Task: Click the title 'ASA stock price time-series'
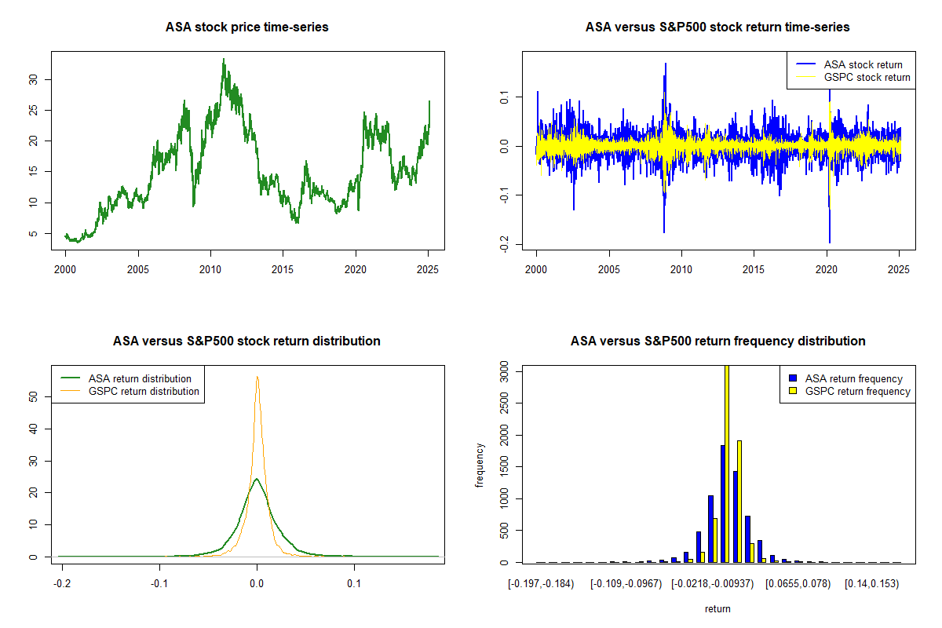click(x=246, y=27)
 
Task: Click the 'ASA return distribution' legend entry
click(x=140, y=378)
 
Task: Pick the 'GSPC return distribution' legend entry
click(x=144, y=391)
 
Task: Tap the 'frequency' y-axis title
click(x=480, y=466)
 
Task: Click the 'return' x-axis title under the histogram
click(x=717, y=608)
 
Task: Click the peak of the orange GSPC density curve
click(x=257, y=377)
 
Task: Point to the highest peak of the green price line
click(x=224, y=59)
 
